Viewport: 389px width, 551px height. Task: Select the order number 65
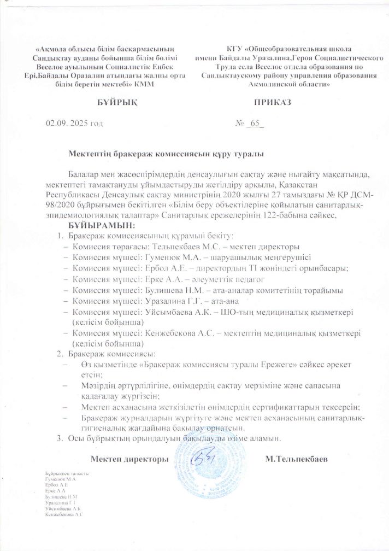pos(255,124)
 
